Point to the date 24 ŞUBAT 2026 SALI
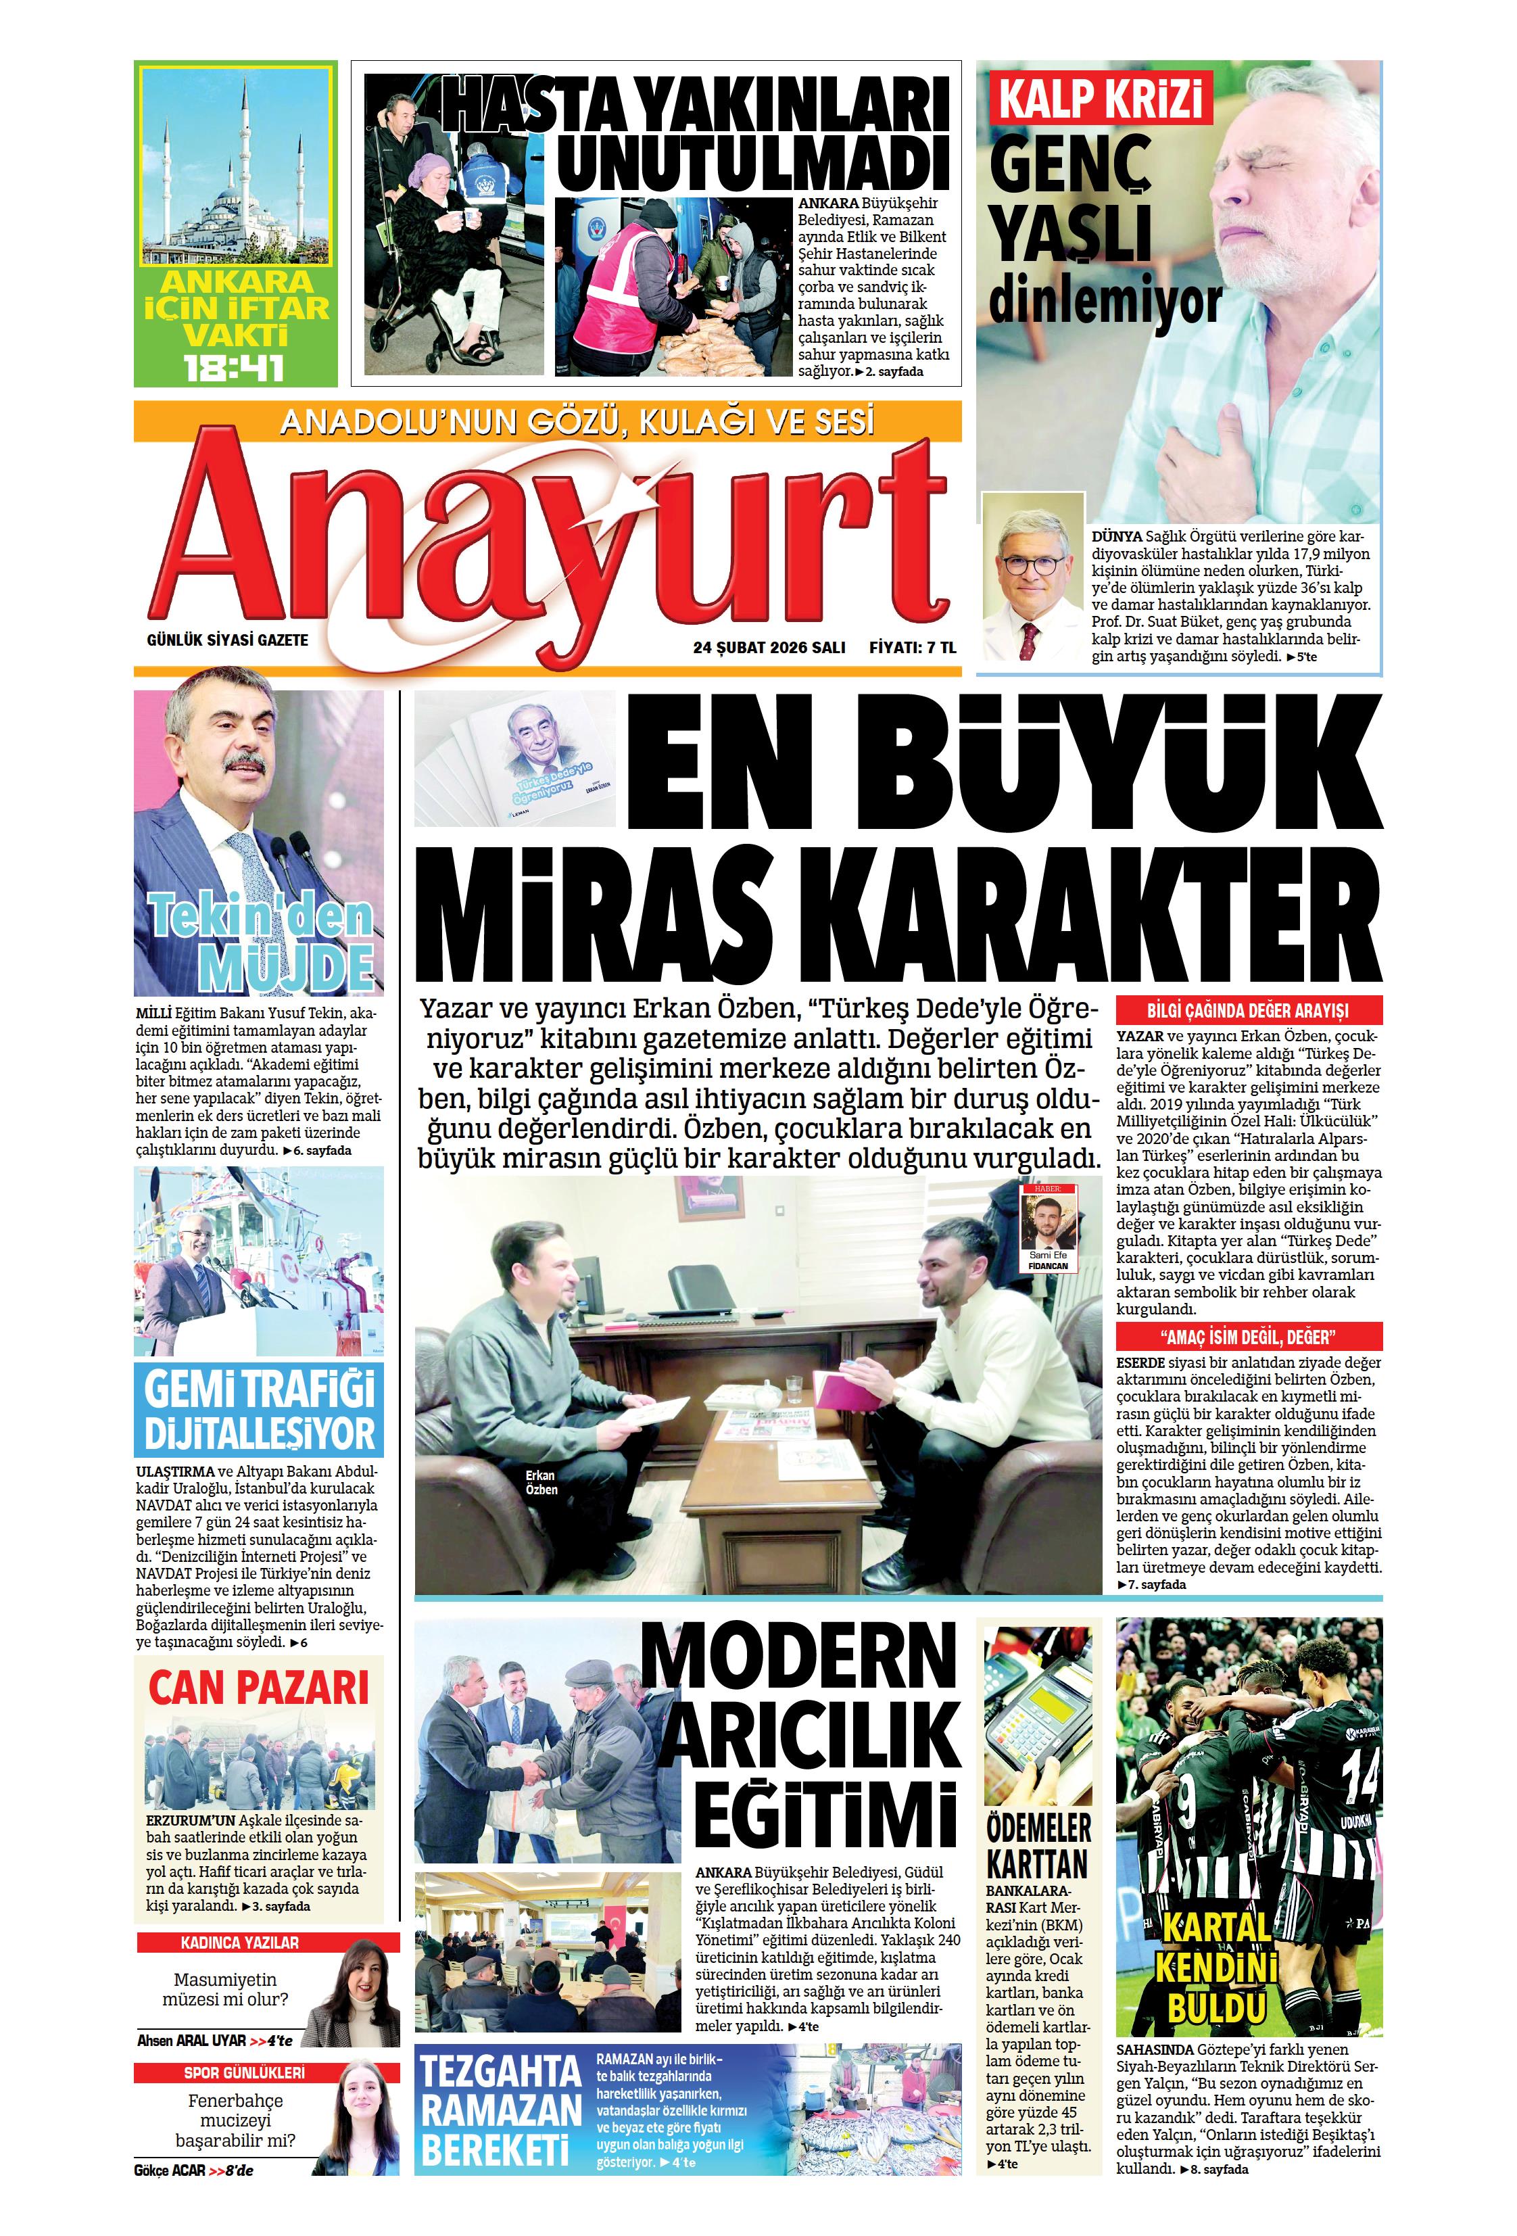[769, 648]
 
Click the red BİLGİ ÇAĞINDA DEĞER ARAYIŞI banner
[1248, 1010]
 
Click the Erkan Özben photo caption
[541, 1483]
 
